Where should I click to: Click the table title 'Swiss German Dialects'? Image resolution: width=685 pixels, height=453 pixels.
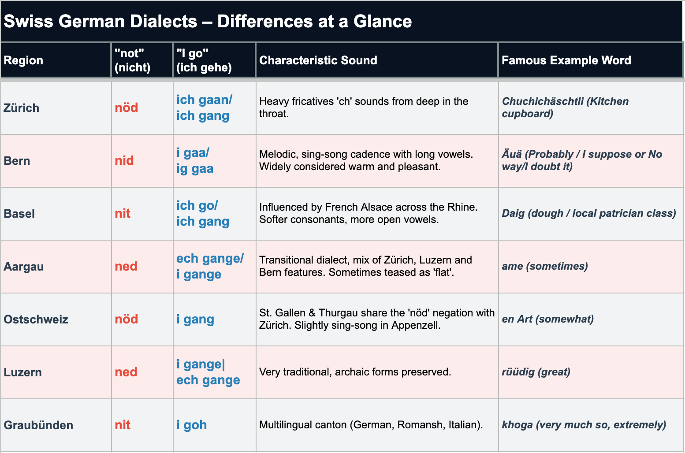coord(101,21)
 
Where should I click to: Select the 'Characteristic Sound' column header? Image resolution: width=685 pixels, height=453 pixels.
coord(318,60)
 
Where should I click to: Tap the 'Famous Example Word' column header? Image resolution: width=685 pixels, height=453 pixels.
coord(566,60)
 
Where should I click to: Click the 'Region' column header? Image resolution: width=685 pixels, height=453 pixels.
coord(23,60)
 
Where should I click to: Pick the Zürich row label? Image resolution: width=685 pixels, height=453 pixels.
coord(22,108)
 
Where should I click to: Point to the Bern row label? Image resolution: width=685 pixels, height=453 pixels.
coord(17,161)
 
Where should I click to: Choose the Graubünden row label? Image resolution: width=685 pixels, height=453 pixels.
coord(38,425)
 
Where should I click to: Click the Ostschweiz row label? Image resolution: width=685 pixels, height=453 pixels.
coord(36,319)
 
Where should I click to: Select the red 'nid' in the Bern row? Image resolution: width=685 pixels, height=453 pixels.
coord(124,160)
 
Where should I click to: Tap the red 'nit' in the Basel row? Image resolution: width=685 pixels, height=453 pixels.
coord(123,213)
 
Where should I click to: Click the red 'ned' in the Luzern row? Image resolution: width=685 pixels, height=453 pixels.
coord(126,372)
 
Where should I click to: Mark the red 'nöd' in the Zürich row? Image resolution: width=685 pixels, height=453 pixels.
coord(127,108)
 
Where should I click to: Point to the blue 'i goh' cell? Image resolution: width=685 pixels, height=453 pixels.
coord(191,425)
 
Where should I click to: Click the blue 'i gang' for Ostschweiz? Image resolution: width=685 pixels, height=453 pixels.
coord(195,319)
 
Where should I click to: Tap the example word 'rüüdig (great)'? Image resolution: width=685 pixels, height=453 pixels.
coord(536,372)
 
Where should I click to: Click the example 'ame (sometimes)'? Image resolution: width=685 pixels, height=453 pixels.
coord(545,266)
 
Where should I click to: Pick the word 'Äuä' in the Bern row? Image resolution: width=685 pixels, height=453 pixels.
coord(512,154)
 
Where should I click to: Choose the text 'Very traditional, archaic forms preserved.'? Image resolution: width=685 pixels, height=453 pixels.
coord(355,372)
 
